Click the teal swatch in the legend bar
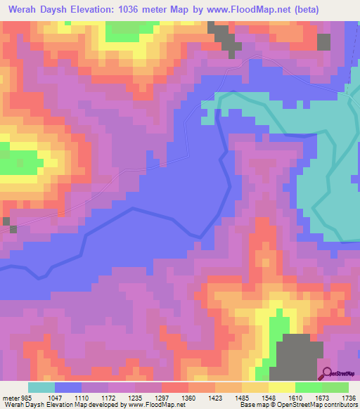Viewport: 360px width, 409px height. pyautogui.click(x=41, y=387)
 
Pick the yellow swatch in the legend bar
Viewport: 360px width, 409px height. pyautogui.click(x=281, y=387)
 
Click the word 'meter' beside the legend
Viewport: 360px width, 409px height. pyautogui.click(x=9, y=397)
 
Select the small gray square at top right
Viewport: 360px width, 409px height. pyautogui.click(x=323, y=41)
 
